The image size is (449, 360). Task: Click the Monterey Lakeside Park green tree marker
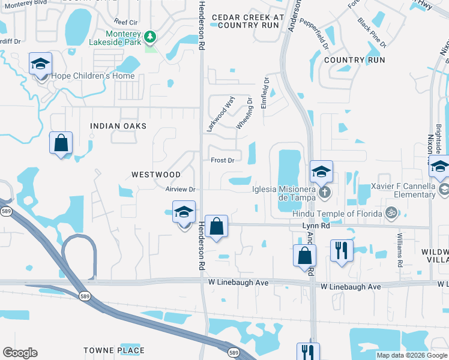tap(149, 37)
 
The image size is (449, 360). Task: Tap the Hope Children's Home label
tap(92, 76)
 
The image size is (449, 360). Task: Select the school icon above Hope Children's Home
tap(41, 64)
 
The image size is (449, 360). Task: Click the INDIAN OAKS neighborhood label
tap(118, 126)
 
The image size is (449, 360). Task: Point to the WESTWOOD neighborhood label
tap(156, 175)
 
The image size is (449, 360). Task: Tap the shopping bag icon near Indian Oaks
tap(61, 143)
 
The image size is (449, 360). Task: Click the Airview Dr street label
tap(181, 189)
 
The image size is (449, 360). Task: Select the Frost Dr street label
tap(222, 160)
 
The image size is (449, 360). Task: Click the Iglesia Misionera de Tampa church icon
tap(324, 193)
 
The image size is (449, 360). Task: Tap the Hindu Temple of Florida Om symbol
tap(391, 213)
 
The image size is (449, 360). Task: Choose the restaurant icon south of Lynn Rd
tap(342, 250)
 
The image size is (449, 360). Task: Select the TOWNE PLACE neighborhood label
tap(114, 350)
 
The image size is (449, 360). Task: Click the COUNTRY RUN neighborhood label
tap(354, 60)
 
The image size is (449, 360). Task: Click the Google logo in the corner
tap(20, 353)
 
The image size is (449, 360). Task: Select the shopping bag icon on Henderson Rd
tap(217, 227)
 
